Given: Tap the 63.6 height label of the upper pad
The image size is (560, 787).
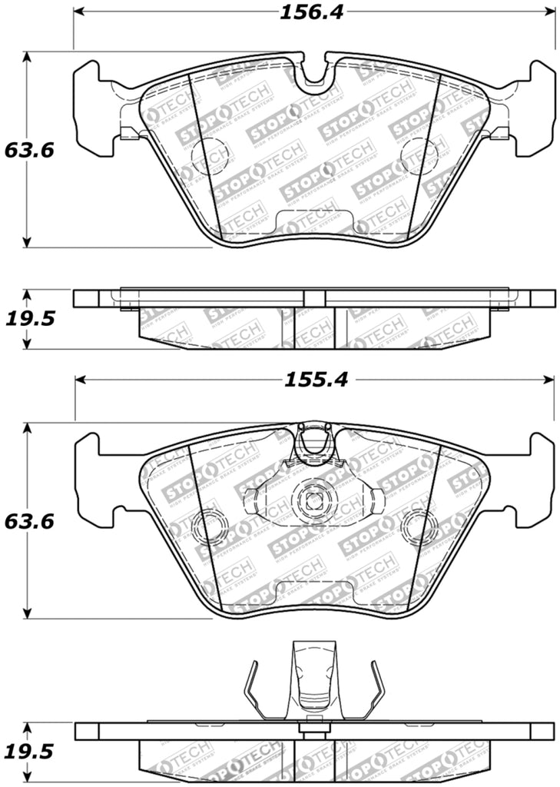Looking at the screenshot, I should click(28, 151).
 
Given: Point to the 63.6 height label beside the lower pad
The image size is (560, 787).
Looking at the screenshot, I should click(28, 522).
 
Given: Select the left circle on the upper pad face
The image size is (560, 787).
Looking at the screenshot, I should click(209, 158).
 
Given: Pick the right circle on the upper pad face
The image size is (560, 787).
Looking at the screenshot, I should click(422, 158).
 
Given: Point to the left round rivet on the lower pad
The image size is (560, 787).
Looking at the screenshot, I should click(209, 529).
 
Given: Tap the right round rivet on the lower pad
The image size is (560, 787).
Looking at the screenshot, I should click(422, 529).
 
